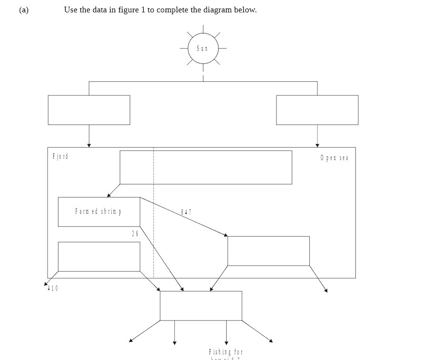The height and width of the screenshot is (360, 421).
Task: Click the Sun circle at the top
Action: pyautogui.click(x=202, y=48)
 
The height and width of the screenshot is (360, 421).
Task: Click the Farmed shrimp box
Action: pyautogui.click(x=99, y=211)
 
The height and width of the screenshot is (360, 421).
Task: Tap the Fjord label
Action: pyautogui.click(x=60, y=156)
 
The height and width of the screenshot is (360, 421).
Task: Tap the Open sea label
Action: pyautogui.click(x=335, y=158)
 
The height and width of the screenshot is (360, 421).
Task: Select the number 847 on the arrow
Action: pyautogui.click(x=186, y=212)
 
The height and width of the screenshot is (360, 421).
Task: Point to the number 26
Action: pyautogui.click(x=135, y=234)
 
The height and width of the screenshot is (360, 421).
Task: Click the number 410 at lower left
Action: pyautogui.click(x=53, y=288)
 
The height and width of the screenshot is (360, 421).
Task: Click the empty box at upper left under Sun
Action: pyautogui.click(x=89, y=110)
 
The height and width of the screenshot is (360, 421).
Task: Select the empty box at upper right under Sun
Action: pyautogui.click(x=317, y=110)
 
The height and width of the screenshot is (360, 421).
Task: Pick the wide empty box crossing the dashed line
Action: pyautogui.click(x=206, y=167)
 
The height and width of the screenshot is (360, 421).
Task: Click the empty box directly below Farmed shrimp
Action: pyautogui.click(x=99, y=256)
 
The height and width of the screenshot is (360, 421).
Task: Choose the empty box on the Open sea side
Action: pyautogui.click(x=268, y=251)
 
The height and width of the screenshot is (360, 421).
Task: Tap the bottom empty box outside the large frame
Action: pyautogui.click(x=201, y=306)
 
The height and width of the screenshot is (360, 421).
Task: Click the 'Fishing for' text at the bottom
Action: pyautogui.click(x=226, y=352)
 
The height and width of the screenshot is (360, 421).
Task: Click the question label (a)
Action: pyautogui.click(x=24, y=9)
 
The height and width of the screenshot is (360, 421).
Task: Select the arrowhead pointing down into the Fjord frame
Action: pyautogui.click(x=89, y=145)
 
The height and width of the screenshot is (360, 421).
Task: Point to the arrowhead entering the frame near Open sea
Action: pyautogui.click(x=317, y=145)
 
